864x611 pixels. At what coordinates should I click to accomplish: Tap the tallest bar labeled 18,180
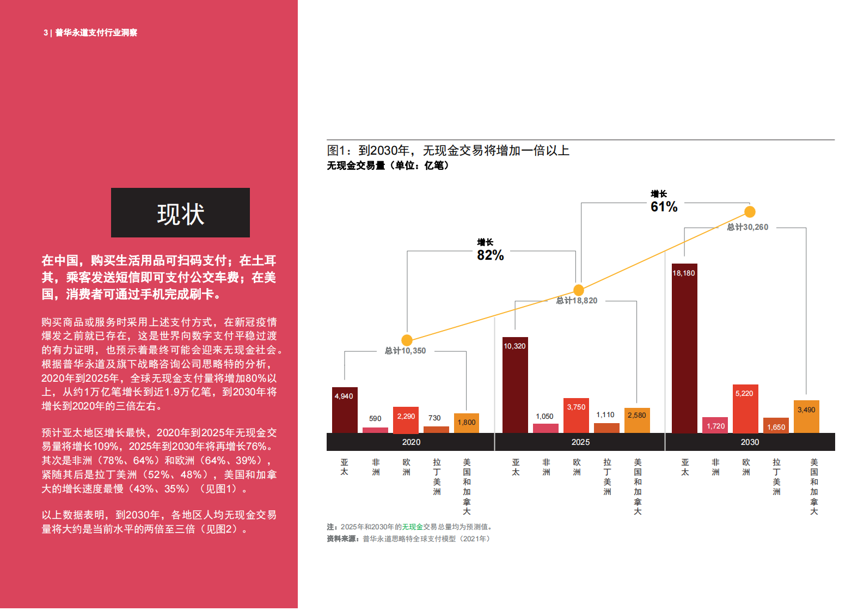pyautogui.click(x=684, y=349)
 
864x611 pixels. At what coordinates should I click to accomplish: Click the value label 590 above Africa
pyautogui.click(x=375, y=419)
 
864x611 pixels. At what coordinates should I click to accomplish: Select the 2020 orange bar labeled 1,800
pyautogui.click(x=467, y=423)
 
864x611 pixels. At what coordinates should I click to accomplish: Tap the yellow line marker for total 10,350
pyautogui.click(x=407, y=340)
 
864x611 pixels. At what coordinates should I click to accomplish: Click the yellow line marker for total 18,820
pyautogui.click(x=579, y=290)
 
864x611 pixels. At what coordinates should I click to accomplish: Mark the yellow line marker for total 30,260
pyautogui.click(x=750, y=212)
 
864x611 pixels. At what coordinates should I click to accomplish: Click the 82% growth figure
pyautogui.click(x=490, y=255)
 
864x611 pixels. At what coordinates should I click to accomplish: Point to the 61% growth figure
pyautogui.click(x=664, y=207)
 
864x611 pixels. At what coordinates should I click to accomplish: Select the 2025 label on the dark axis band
pyautogui.click(x=580, y=442)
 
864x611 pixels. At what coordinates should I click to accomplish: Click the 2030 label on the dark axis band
pyautogui.click(x=750, y=442)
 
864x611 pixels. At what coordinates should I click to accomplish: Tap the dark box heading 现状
pyautogui.click(x=180, y=213)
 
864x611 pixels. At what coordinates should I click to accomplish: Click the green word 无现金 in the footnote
pyautogui.click(x=412, y=527)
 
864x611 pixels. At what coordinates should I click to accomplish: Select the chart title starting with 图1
pyautogui.click(x=448, y=151)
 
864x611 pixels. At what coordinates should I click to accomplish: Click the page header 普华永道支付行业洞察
pyautogui.click(x=96, y=33)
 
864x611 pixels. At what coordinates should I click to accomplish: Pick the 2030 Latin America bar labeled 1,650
pyautogui.click(x=776, y=425)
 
